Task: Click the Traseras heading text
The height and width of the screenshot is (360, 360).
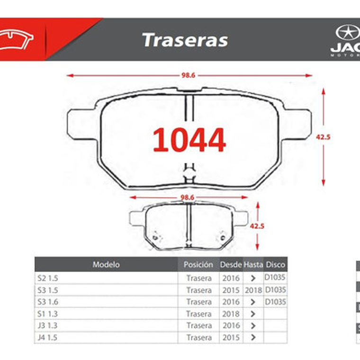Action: (185, 40)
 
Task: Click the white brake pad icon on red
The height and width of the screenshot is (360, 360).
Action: (17, 40)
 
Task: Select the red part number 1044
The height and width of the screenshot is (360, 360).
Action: (189, 140)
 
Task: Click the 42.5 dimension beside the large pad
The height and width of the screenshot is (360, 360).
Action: (323, 137)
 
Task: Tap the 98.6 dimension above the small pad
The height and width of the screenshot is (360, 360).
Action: (189, 197)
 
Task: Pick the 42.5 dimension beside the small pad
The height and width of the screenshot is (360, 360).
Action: (257, 226)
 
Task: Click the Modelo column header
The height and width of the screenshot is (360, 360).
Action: (106, 265)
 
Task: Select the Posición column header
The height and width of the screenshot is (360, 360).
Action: (198, 265)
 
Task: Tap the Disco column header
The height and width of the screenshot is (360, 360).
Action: (275, 265)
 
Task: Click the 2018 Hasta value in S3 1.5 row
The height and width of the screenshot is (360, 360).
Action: (253, 290)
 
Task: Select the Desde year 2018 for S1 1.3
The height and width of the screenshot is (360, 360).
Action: (231, 314)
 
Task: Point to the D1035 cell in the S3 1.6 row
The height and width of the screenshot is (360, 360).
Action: (275, 301)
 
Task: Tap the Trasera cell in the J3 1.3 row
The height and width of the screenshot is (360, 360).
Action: (199, 325)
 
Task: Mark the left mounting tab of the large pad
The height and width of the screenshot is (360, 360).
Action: (81, 124)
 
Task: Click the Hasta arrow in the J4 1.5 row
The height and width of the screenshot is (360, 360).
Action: (253, 337)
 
